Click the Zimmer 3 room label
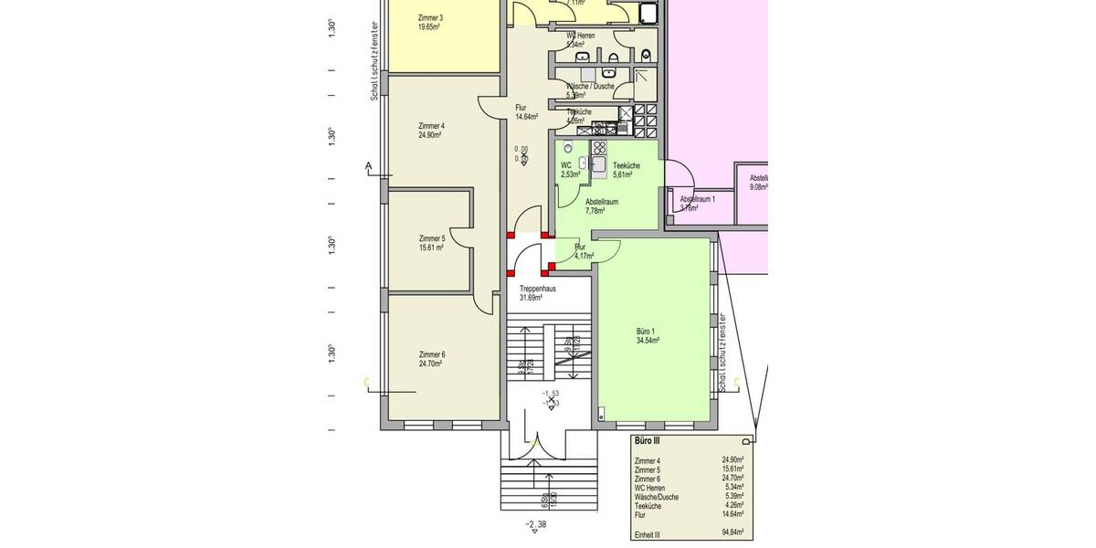tap(430, 18)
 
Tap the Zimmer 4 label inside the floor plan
tap(431, 126)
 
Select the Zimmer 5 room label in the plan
tap(431, 238)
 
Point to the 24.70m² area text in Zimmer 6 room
tap(430, 364)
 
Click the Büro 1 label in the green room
tap(646, 332)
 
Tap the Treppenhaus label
tap(538, 289)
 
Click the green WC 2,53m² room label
tap(565, 165)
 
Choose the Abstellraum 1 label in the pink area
tap(698, 198)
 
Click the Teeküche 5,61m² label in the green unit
tap(626, 165)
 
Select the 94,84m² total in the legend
tap(732, 531)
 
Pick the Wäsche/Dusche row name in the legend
tap(655, 496)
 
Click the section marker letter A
tap(369, 166)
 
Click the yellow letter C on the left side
tap(366, 382)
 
